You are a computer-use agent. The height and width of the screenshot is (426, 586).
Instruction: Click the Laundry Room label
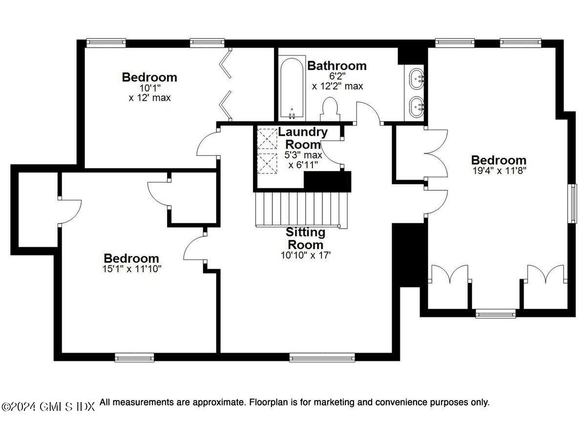pos(303,138)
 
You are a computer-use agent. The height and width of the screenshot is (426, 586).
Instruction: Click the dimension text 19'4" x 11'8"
pos(498,171)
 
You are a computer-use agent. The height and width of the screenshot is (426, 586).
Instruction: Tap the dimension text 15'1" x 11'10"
pos(131,269)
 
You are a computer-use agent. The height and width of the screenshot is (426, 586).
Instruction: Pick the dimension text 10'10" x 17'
pos(305,255)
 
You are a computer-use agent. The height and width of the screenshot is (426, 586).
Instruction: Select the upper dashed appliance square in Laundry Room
pos(267,138)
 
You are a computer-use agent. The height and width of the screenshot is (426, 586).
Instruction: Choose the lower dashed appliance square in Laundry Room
pos(267,163)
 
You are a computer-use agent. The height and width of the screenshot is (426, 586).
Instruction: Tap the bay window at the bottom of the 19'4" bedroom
pos(496,313)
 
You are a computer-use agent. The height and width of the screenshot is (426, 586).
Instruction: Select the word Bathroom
pos(337,65)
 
